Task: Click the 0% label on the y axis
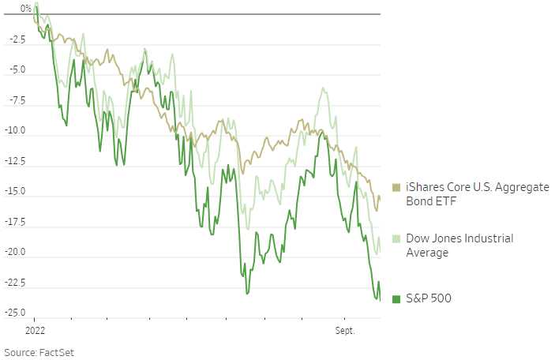coord(25,9)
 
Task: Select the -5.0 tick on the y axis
coord(17,69)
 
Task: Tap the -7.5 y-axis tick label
coord(17,100)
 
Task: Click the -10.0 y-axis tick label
coord(15,130)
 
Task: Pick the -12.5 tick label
coord(15,161)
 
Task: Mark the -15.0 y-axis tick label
coord(15,191)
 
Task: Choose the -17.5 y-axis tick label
coord(15,222)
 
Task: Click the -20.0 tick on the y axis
coord(15,252)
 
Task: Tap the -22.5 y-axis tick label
coord(15,283)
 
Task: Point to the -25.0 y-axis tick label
coord(15,313)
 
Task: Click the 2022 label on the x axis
coord(36,328)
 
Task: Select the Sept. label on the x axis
coord(344,328)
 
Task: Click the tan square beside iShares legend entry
coord(396,188)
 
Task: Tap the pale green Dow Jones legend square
coord(396,238)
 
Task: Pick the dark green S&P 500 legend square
coord(396,298)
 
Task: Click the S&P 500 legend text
coord(428,298)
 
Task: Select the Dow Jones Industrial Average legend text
coord(459,246)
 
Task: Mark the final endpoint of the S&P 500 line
coord(380,300)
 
